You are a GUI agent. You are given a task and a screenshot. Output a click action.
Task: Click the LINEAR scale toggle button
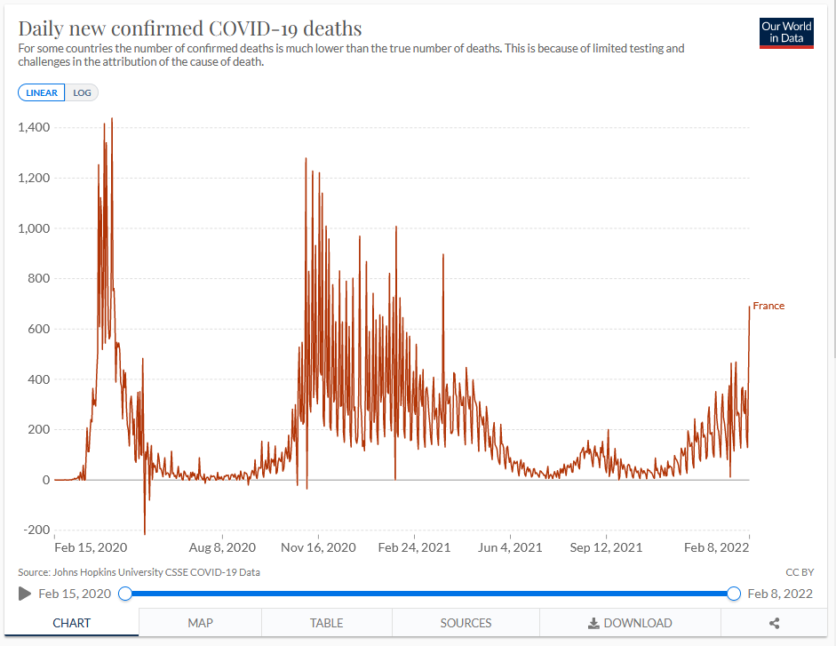point(42,93)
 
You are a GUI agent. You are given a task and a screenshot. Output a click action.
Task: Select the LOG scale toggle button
point(82,93)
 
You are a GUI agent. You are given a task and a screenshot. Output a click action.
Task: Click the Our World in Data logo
point(786,32)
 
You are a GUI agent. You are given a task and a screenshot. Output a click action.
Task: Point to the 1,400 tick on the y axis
point(34,128)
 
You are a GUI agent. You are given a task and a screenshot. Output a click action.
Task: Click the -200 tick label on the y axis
point(36,530)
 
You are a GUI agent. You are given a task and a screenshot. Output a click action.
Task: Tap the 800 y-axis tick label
point(39,279)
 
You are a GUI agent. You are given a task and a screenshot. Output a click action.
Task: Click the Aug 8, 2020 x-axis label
point(222,547)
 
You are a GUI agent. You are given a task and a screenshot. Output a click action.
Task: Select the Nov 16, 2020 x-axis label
point(319,547)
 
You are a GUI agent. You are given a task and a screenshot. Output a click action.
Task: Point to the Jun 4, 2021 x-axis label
point(511,547)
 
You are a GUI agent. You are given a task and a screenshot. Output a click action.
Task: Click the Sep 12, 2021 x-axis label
point(606,547)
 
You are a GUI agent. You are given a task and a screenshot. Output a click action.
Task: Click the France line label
point(768,307)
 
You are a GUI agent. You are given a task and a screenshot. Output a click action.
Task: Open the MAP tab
point(200,623)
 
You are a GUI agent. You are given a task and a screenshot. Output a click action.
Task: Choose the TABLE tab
point(326,623)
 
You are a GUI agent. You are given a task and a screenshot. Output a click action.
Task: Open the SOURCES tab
point(466,623)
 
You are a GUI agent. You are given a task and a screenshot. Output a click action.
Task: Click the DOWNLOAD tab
point(630,623)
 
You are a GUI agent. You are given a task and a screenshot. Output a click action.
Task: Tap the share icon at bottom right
point(774,624)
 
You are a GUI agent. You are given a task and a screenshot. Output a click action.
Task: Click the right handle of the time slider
point(734,594)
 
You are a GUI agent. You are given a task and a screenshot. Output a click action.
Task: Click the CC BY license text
point(800,572)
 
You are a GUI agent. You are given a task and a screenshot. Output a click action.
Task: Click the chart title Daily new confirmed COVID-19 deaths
point(190,28)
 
